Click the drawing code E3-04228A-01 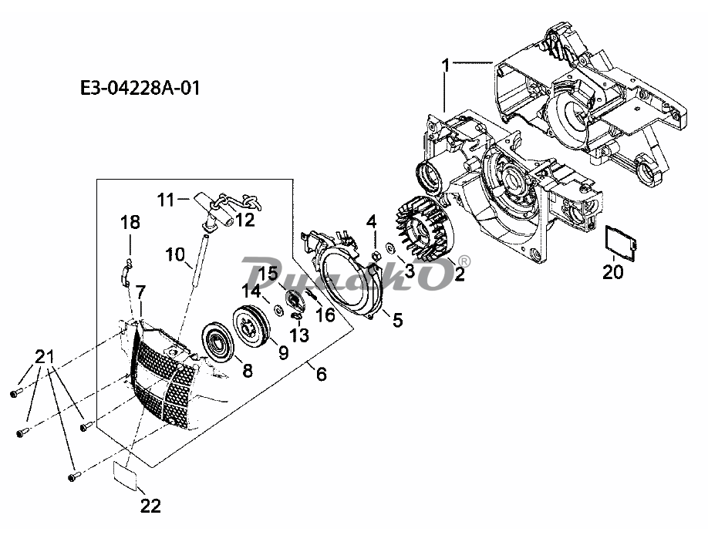point(140,88)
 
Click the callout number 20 point(612,272)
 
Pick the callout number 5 point(397,320)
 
